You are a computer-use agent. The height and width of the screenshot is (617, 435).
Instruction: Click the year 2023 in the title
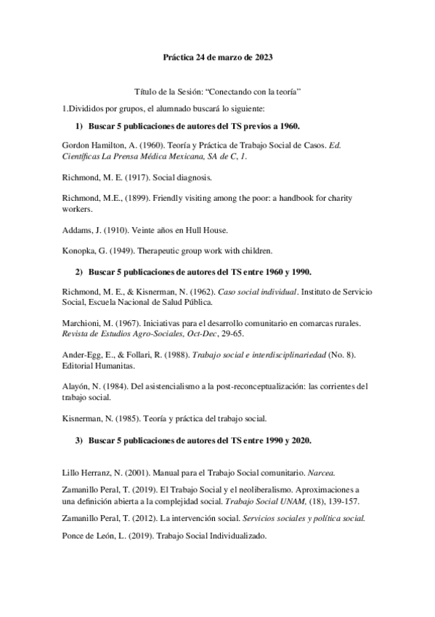[262, 56]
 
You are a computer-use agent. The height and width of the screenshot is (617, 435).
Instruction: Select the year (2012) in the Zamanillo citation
[145, 519]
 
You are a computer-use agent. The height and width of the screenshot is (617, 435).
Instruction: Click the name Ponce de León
[91, 536]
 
